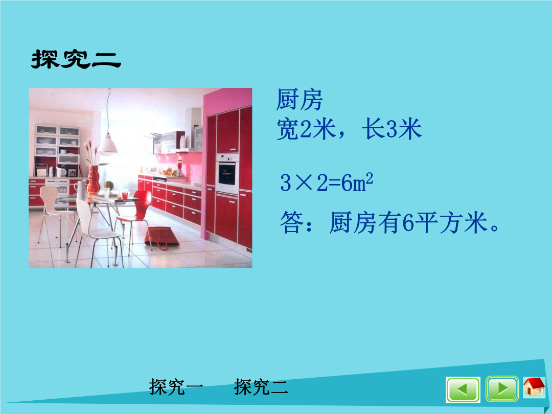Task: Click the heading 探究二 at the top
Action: click(x=76, y=59)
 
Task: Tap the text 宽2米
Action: click(x=306, y=129)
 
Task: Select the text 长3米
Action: click(x=392, y=129)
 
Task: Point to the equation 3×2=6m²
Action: click(x=326, y=182)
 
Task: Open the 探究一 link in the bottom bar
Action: click(x=176, y=387)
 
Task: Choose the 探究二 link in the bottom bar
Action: click(x=261, y=387)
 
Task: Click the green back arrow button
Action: click(x=463, y=389)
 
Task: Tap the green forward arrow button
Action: click(x=502, y=389)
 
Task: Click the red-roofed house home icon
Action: click(x=534, y=387)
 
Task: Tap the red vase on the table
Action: click(x=94, y=179)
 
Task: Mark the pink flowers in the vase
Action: click(x=91, y=151)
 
